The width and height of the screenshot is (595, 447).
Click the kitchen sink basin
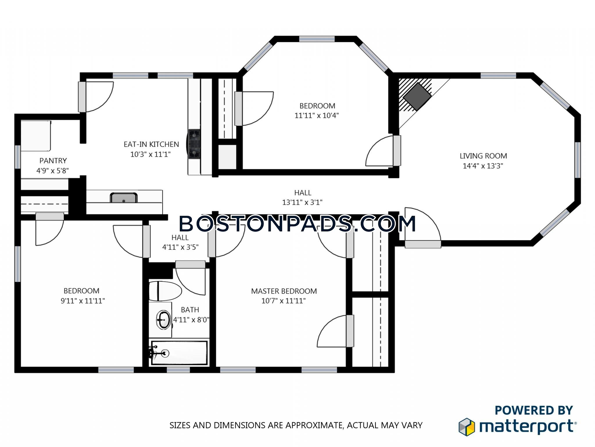pyautogui.click(x=123, y=198)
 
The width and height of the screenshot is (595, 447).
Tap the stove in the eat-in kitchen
pyautogui.click(x=194, y=144)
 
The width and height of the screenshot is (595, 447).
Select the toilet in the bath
pyautogui.click(x=165, y=291)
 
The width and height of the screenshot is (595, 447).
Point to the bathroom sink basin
pyautogui.click(x=164, y=320)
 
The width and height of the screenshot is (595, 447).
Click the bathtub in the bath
pyautogui.click(x=179, y=353)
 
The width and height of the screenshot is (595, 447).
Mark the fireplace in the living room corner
pyautogui.click(x=417, y=96)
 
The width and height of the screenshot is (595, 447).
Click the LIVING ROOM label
pyautogui.click(x=483, y=156)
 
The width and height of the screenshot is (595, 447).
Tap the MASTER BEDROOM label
pyautogui.click(x=284, y=291)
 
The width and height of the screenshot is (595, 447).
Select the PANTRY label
pyautogui.click(x=53, y=161)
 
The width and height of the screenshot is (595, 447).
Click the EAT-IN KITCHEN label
pyautogui.click(x=151, y=144)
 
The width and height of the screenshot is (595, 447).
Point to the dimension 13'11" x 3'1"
pyautogui.click(x=302, y=202)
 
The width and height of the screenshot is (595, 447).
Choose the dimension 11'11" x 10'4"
pyautogui.click(x=317, y=116)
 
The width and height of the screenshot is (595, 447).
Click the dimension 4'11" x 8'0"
pyautogui.click(x=191, y=320)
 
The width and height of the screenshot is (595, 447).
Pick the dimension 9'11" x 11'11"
pyautogui.click(x=83, y=301)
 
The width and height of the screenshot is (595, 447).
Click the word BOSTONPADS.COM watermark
pyautogui.click(x=297, y=223)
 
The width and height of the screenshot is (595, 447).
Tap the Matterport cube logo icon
pyautogui.click(x=467, y=427)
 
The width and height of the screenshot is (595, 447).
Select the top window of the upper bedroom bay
pyautogui.click(x=317, y=39)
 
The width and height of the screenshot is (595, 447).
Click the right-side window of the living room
pyautogui.click(x=578, y=160)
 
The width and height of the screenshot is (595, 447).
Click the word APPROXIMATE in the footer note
pyautogui.click(x=315, y=425)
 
